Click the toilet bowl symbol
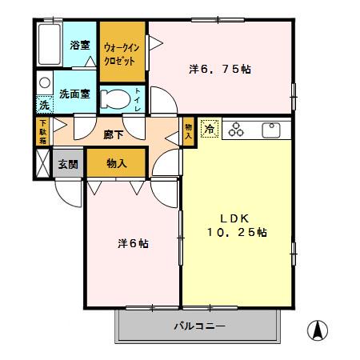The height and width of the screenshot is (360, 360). click(118, 99)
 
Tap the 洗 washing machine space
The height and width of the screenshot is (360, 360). click(44, 104)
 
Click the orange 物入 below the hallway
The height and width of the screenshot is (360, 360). click(116, 163)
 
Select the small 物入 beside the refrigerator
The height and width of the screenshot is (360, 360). click(188, 130)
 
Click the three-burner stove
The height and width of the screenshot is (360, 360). click(238, 129)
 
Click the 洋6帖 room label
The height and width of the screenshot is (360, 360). click(133, 242)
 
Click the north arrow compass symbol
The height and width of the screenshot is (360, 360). click(318, 329)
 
